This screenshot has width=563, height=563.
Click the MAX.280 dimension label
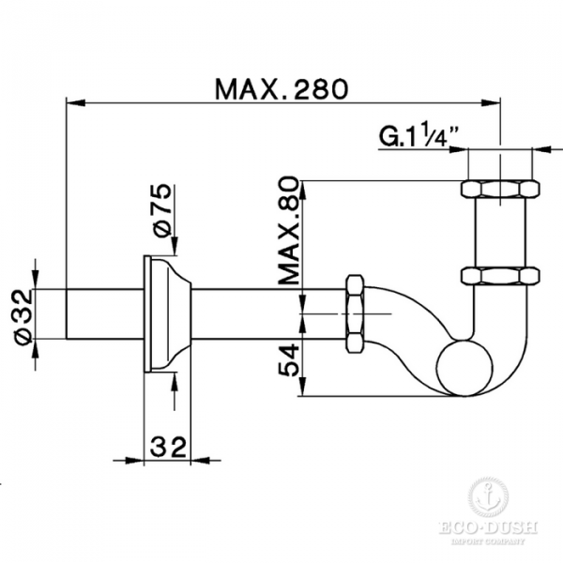pos(281,89)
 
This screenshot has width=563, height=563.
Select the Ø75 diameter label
pos(160,212)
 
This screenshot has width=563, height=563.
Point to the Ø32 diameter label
pos(21,307)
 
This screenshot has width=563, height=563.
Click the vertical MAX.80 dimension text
pos(288,229)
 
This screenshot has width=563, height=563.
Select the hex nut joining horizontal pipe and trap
pos(355,312)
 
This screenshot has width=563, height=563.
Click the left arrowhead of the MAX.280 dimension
pos(71,99)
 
